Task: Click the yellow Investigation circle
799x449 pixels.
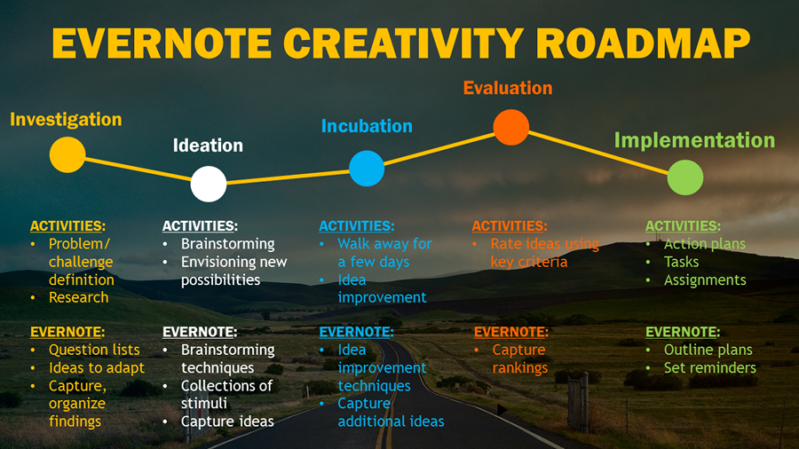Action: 67,154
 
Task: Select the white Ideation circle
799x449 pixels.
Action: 209,184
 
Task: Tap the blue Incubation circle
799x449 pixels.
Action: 367,169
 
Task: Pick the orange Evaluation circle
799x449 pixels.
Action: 511,127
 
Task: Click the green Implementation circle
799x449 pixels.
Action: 685,177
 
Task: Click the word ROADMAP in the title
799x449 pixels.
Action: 643,43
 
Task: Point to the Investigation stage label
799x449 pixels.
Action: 67,120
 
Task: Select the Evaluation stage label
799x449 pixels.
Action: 508,88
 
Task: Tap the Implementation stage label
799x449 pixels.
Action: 694,140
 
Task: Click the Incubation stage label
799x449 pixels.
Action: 367,126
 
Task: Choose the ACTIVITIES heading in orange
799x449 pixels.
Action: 510,226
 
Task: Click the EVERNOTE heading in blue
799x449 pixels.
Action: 356,332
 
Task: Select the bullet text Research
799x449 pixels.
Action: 78,297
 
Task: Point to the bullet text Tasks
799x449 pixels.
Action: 681,262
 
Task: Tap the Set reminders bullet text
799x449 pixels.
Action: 710,367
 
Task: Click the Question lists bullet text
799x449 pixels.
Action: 94,350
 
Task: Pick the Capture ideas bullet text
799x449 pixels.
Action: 227,421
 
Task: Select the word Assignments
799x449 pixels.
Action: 705,280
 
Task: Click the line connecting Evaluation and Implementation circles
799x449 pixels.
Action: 598,153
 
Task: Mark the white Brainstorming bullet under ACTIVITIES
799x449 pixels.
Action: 228,244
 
